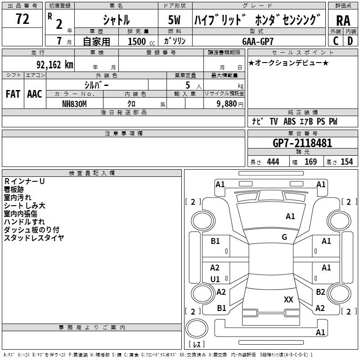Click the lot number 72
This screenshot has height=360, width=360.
tap(22, 19)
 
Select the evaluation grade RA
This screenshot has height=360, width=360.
tap(343, 21)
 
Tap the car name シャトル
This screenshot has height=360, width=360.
tap(116, 20)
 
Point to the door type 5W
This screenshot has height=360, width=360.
tap(174, 20)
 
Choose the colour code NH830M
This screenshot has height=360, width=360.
tap(74, 103)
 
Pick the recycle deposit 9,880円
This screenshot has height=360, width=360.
tap(230, 103)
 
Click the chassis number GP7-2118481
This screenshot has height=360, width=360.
tap(302, 143)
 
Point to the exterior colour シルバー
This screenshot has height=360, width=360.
tap(96, 85)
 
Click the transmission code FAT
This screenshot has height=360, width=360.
tap(13, 94)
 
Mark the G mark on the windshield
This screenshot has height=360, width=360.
tap(284, 237)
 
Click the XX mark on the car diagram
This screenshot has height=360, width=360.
tap(288, 299)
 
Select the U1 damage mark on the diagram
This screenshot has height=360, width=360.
tap(215, 279)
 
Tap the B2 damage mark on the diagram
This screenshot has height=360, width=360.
tap(320, 292)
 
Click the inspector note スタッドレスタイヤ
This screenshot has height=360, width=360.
tap(34, 238)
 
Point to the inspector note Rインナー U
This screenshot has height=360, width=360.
tap(24, 181)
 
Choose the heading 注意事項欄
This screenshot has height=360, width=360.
tap(123, 134)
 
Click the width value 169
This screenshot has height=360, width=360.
tap(310, 162)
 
